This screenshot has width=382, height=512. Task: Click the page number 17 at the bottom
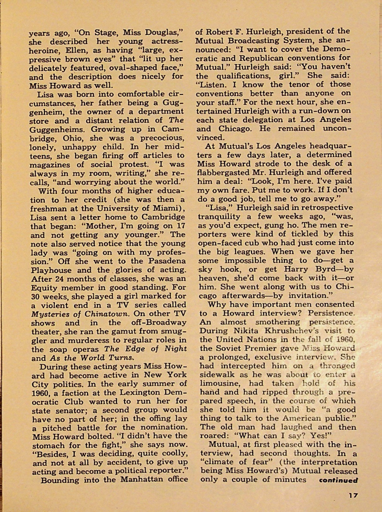click(x=353, y=496)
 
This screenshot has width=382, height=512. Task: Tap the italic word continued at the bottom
click(x=339, y=480)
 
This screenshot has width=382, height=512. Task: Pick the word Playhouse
click(x=51, y=270)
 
